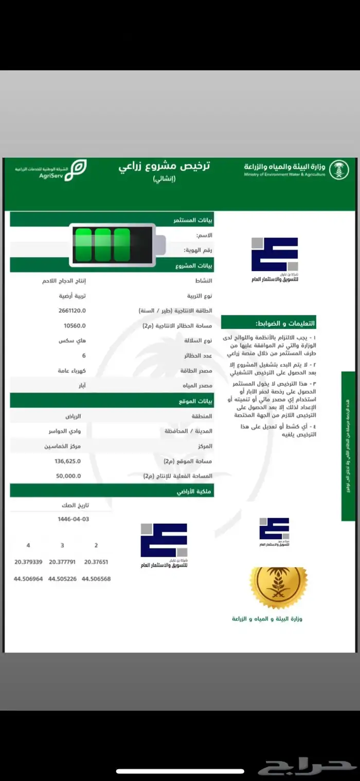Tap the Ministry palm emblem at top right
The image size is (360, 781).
(339, 170)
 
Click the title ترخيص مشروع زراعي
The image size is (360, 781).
(165, 167)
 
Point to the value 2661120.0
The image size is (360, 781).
(73, 311)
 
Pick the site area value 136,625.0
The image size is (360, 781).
(68, 461)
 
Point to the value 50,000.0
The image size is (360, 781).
(68, 476)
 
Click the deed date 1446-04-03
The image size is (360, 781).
(74, 519)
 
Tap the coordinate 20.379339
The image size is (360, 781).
(28, 562)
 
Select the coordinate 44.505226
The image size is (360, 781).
(62, 579)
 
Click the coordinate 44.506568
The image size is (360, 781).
(96, 579)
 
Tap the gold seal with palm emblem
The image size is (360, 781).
(278, 588)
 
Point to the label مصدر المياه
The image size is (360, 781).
(200, 385)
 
